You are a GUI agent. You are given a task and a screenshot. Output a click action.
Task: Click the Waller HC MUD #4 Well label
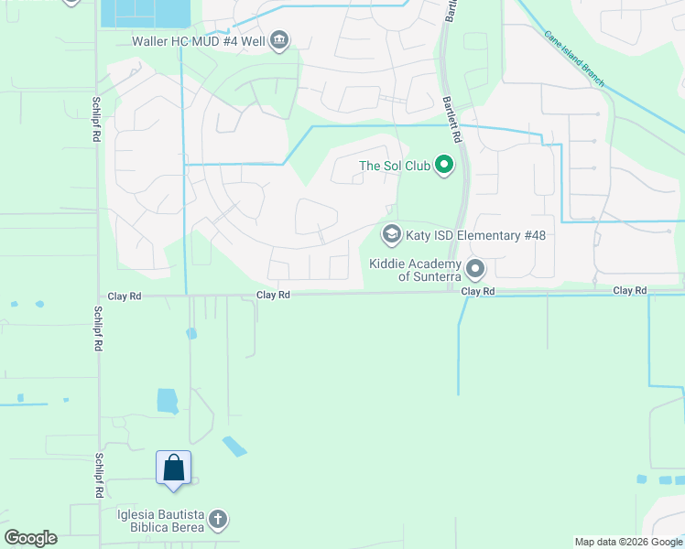[x=199, y=40]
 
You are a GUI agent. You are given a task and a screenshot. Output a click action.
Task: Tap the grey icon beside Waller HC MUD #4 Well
[x=280, y=39]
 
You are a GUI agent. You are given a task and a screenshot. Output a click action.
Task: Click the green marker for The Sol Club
[x=444, y=165]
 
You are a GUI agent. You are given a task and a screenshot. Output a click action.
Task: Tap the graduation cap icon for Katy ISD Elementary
[x=392, y=235]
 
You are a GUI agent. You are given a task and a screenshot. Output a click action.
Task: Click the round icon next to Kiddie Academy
[x=475, y=269]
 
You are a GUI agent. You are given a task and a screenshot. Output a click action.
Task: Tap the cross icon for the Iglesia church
[x=218, y=520]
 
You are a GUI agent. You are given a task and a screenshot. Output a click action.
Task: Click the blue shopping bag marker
[x=174, y=468]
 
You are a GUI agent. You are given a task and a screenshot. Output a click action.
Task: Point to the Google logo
[x=30, y=538]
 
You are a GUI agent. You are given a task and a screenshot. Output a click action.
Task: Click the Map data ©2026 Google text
[x=628, y=542]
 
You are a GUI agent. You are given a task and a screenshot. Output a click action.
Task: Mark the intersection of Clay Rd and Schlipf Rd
[x=98, y=296]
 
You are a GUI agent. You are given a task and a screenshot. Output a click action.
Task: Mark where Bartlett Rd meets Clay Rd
[x=453, y=293]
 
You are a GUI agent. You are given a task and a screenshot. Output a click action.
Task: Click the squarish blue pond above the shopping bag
[x=167, y=401]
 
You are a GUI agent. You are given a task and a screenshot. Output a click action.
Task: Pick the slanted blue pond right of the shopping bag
[x=234, y=446]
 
